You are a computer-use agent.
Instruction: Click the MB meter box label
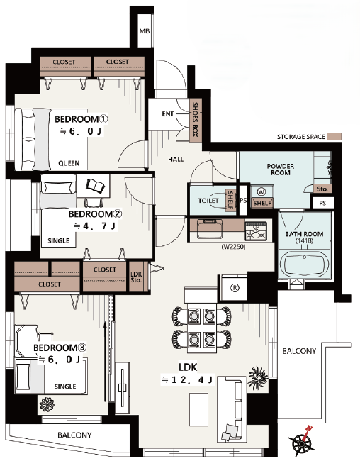tap(145, 31)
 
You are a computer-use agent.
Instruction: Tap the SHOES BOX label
tap(195, 119)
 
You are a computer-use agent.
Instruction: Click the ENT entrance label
tap(168, 113)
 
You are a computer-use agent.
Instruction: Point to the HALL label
tap(176, 160)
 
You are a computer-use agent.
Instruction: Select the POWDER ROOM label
tap(281, 170)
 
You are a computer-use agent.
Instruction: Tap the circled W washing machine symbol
tap(261, 192)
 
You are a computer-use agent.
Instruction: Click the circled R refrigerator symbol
tap(235, 288)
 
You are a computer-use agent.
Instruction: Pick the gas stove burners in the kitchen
tap(256, 231)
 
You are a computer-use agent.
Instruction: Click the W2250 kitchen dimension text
tap(233, 247)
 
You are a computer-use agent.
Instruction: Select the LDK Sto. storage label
tap(136, 277)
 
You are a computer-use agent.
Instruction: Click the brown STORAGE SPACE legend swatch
tap(334, 136)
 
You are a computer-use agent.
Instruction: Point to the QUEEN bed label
tap(69, 163)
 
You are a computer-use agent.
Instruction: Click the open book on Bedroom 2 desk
tap(95, 186)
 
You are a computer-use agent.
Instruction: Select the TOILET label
tap(208, 201)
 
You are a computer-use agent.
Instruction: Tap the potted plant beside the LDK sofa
tap(258, 377)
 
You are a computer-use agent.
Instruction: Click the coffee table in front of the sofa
tap(198, 409)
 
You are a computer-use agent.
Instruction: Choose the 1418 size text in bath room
tap(304, 241)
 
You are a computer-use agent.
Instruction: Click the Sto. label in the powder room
tap(322, 189)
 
